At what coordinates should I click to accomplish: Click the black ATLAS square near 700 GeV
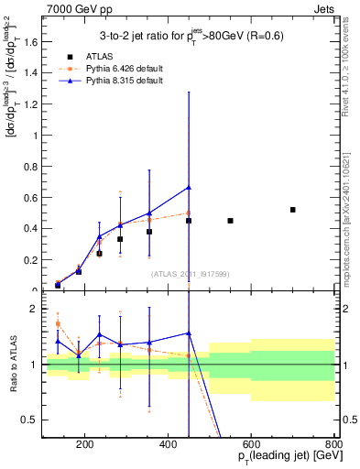click(x=293, y=210)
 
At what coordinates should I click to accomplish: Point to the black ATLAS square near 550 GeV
click(x=230, y=221)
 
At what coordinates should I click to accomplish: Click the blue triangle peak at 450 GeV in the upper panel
click(x=189, y=188)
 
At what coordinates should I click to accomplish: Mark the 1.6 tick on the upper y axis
click(x=34, y=41)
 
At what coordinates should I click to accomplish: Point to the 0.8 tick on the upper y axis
click(x=34, y=166)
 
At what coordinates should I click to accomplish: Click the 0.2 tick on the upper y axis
click(x=34, y=260)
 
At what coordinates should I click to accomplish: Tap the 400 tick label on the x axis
click(x=169, y=446)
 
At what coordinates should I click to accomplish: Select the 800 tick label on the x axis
click(x=334, y=446)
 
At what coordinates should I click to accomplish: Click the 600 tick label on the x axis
click(x=251, y=446)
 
